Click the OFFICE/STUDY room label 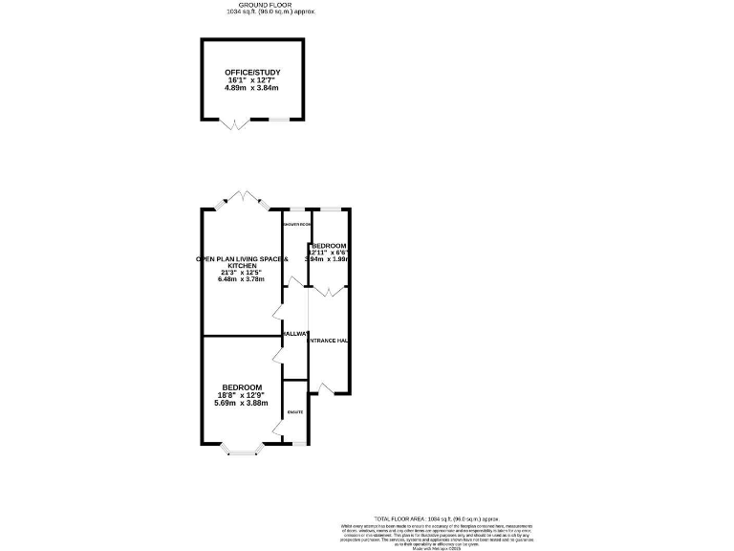coord(252,73)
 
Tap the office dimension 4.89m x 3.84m coord(252,88)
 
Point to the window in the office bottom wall coord(276,120)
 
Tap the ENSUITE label coord(295,411)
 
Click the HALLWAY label coord(295,333)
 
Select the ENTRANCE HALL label coord(328,341)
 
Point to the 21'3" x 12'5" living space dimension coord(240,273)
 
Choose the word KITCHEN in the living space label coord(240,265)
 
